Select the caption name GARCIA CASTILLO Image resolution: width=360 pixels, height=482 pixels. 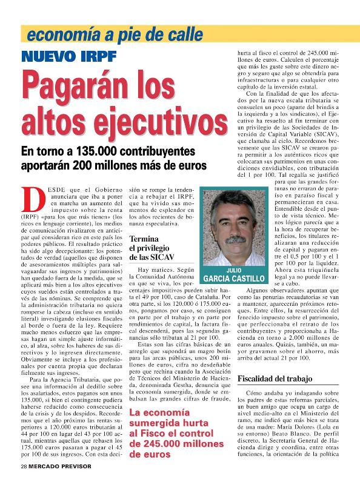coord(234,279)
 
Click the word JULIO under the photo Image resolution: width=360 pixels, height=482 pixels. coord(234,270)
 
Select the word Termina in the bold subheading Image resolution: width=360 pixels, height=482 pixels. coord(144,239)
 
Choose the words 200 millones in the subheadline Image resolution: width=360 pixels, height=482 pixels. coord(108,165)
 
